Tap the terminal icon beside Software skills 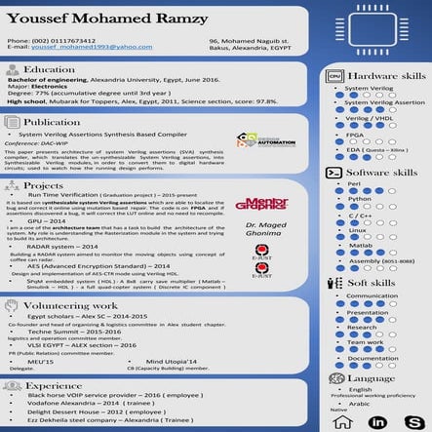(x=334, y=172)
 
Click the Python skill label (x=359, y=198)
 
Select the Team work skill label (x=366, y=341)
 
